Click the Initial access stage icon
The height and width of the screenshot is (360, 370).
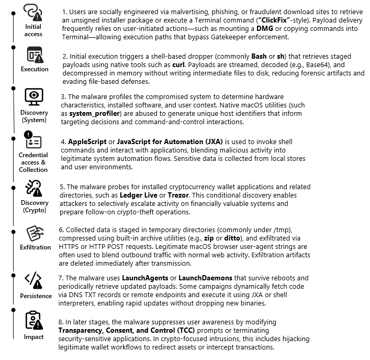click(33, 12)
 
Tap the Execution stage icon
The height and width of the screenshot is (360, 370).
click(35, 54)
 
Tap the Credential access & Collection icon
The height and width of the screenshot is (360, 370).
click(33, 141)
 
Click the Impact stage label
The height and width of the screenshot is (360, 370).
click(33, 337)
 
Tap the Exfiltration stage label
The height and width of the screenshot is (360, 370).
click(35, 247)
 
